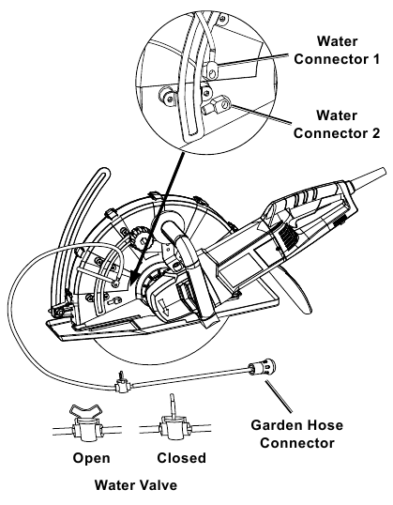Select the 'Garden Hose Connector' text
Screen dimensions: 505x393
pos(294,431)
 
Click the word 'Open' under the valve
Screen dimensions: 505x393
pos(91,459)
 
